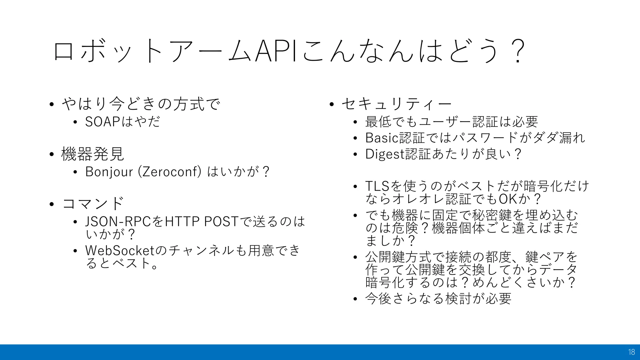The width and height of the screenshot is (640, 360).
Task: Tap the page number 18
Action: point(631,352)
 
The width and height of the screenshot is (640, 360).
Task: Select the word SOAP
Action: point(102,122)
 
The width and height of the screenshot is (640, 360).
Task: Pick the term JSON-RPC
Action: point(118,222)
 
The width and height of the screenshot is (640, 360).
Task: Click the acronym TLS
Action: point(377,186)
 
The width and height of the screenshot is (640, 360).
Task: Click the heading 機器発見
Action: point(93,154)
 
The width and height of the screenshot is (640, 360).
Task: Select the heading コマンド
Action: point(93,204)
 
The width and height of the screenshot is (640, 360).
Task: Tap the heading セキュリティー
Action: point(397,104)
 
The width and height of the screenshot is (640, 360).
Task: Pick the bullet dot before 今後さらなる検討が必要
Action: point(355,299)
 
